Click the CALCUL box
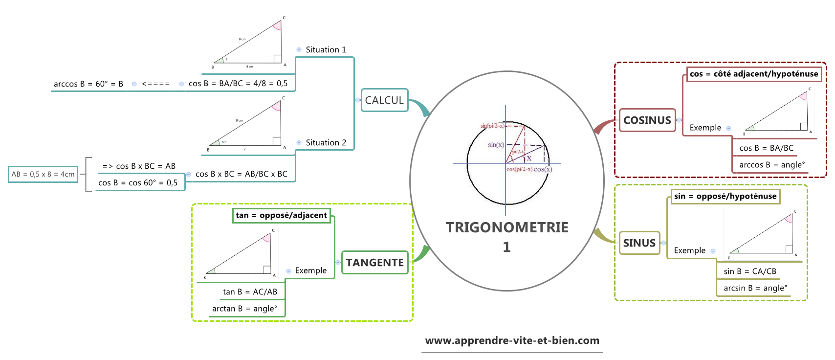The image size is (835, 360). click(384, 100)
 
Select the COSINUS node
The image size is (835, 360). click(647, 120)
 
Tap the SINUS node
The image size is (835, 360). click(639, 243)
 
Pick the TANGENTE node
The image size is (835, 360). click(374, 263)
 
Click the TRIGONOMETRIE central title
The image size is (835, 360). click(507, 228)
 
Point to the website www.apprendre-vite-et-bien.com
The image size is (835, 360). click(512, 340)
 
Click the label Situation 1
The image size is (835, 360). click(326, 50)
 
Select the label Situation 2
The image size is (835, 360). click(326, 143)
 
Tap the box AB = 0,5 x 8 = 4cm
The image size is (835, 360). click(43, 174)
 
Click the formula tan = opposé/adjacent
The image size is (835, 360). click(281, 215)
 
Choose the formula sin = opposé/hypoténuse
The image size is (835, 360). click(725, 196)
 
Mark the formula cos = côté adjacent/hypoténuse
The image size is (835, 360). click(754, 74)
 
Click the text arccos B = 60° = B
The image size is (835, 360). click(88, 84)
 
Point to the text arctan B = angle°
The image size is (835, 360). click(244, 309)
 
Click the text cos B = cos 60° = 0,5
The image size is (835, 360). click(138, 183)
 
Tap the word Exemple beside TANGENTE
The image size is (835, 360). click(310, 270)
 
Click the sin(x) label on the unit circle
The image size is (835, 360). click(496, 145)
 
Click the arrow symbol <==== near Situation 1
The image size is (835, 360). click(155, 84)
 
